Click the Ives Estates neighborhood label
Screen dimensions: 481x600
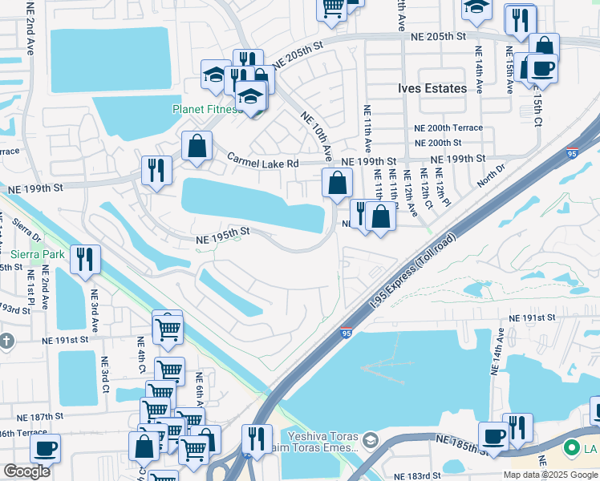point(432,88)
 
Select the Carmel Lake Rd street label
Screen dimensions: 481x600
point(261,163)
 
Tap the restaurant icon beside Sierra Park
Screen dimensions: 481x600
point(84,260)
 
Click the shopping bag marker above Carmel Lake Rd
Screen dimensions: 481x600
point(197,148)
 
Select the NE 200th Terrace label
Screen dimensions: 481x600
point(448,128)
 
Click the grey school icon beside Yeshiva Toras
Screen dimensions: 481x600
point(370,440)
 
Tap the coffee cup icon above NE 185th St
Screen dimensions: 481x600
point(493,436)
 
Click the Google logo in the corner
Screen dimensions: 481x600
point(26,471)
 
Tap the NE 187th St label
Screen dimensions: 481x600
point(40,417)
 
